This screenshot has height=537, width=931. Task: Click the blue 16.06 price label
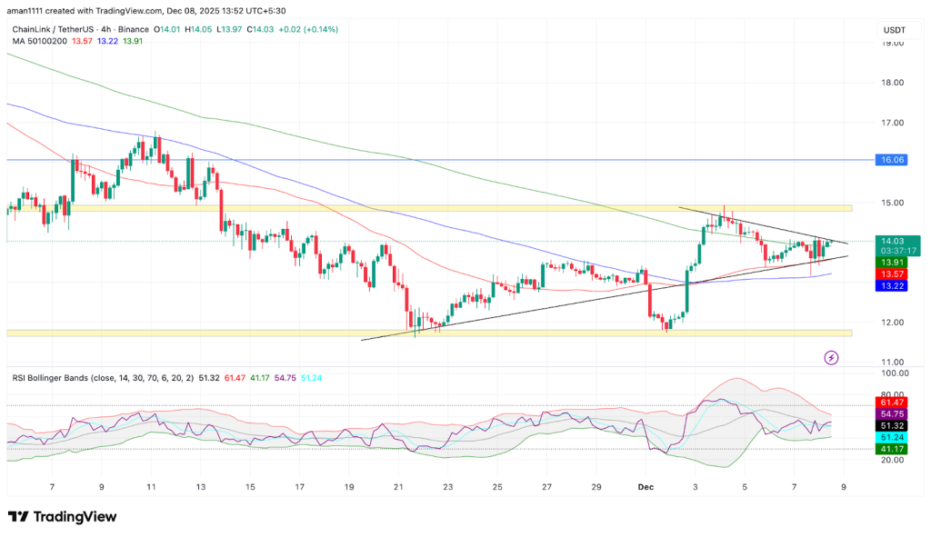[891, 159]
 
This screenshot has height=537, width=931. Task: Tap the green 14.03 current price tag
[890, 241]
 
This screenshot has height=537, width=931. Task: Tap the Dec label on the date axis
[645, 486]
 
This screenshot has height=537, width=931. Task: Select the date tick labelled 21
[398, 486]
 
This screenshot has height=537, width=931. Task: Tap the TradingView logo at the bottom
[63, 516]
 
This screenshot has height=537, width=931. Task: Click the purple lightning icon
[831, 358]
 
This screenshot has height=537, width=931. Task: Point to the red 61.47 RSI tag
[890, 402]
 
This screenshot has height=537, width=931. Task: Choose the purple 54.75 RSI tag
[890, 413]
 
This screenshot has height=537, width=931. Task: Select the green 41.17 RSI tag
[890, 449]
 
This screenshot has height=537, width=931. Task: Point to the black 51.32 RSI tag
[890, 425]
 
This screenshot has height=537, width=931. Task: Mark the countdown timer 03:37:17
[890, 251]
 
